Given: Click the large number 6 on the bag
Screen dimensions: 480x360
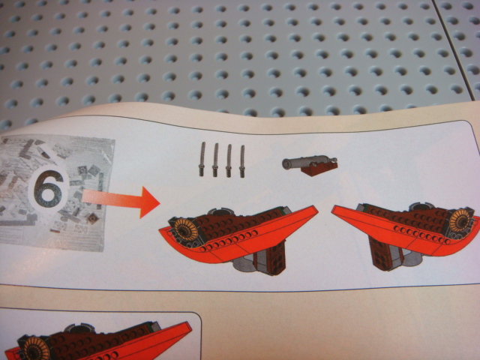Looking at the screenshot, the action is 48,190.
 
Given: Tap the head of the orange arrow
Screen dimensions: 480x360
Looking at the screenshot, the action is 150,202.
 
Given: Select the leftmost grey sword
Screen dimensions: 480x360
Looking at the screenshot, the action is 202,159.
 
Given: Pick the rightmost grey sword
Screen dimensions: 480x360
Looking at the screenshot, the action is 242,161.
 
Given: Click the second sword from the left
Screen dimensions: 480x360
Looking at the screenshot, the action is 215,160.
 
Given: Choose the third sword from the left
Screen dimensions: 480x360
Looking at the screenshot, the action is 229,160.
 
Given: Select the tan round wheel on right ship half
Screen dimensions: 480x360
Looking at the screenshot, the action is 460,220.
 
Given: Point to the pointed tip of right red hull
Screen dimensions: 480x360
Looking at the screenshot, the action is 334,208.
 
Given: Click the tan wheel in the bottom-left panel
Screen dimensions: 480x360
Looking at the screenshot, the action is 37,349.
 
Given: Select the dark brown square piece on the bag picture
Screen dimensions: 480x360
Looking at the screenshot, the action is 92,218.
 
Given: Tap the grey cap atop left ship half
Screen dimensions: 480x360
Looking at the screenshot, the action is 220,211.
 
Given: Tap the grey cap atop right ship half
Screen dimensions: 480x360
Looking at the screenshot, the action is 422,207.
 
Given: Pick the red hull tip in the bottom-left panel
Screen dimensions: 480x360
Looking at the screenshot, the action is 190,325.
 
